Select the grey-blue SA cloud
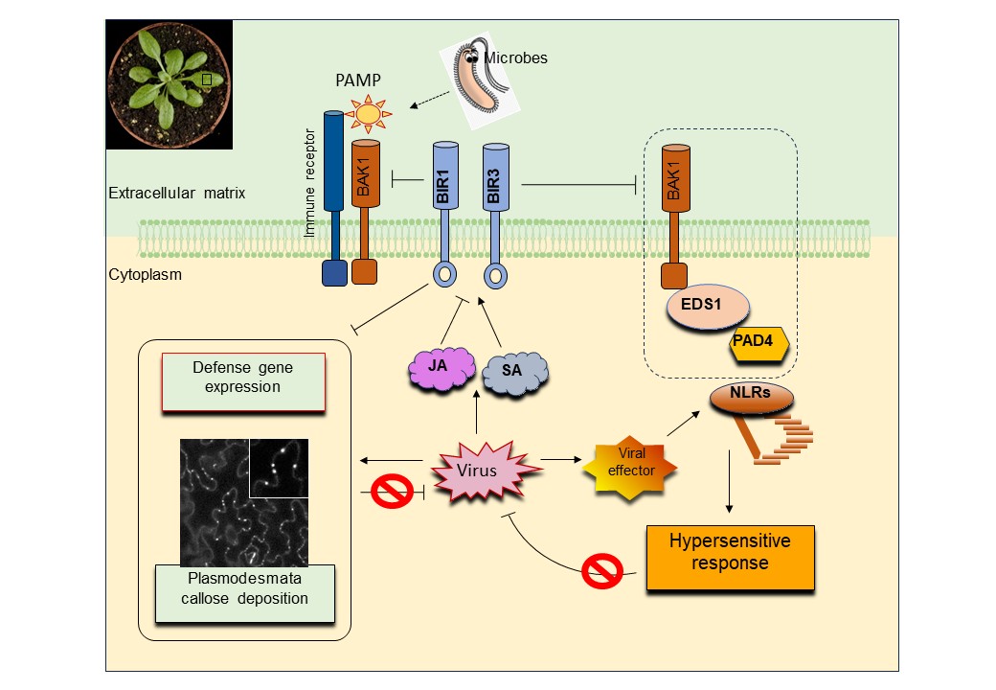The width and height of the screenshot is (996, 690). [x=514, y=372]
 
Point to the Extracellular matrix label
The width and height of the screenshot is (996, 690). [x=177, y=194]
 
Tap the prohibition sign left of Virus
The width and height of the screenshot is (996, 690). [x=392, y=494]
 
